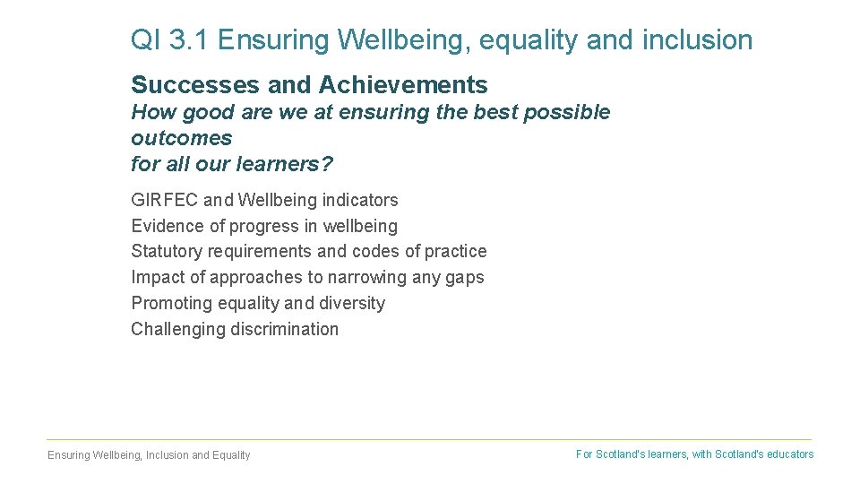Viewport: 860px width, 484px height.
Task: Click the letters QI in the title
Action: (143, 40)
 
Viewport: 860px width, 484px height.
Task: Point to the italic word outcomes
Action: (181, 138)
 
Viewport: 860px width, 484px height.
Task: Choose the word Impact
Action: (155, 277)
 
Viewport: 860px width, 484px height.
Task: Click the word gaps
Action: (464, 278)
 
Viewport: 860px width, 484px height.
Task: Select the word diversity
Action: (352, 303)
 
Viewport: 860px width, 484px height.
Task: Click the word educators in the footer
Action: (789, 454)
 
